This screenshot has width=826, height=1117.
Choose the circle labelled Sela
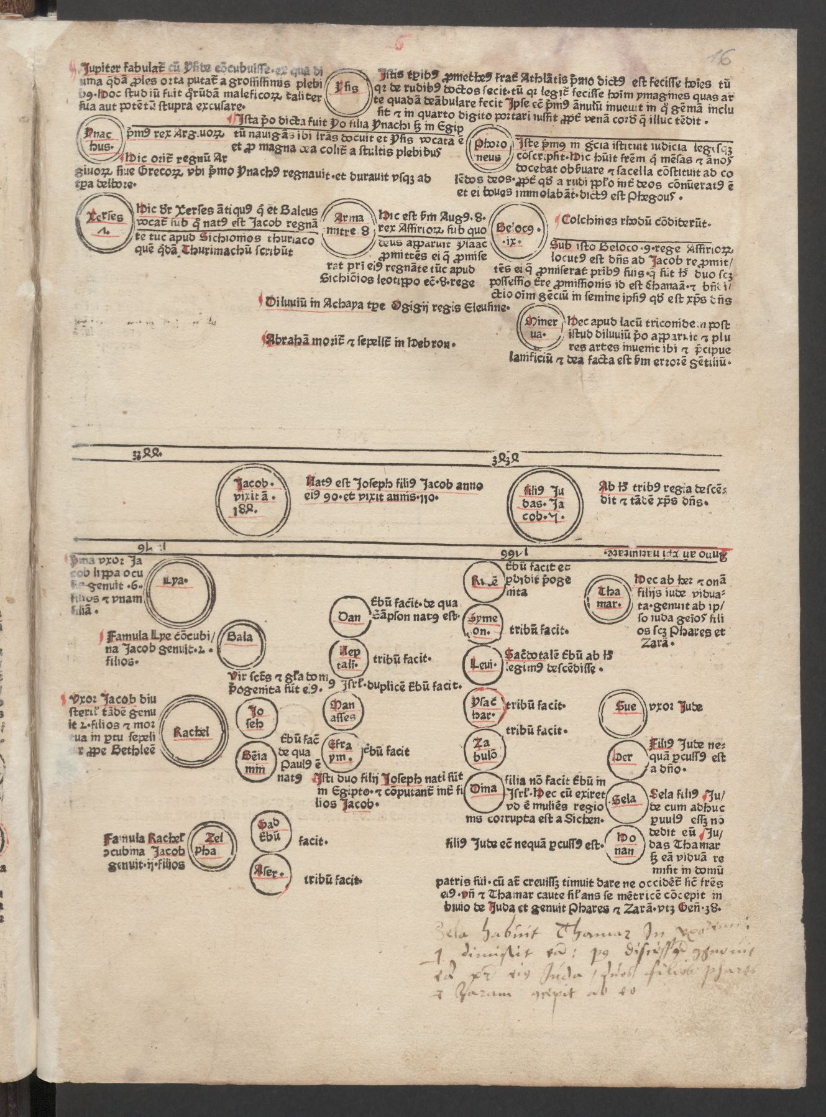625,799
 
